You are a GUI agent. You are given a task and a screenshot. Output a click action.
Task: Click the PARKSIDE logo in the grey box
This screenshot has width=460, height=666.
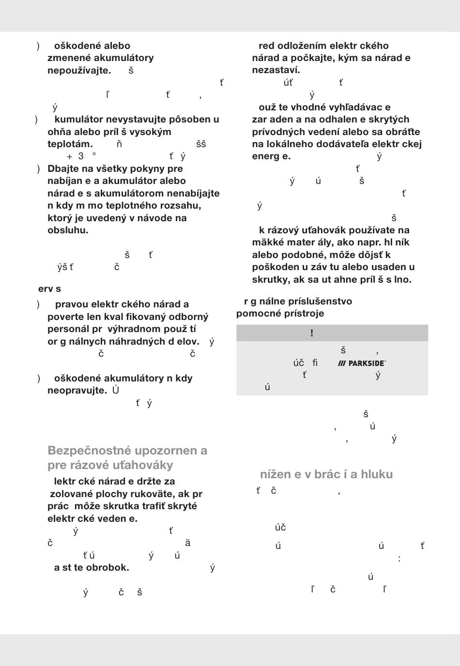tap(362, 363)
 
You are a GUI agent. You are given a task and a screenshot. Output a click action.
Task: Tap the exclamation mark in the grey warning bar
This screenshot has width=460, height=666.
tap(312, 333)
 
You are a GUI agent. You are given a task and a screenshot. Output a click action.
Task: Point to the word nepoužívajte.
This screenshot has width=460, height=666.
tap(79, 70)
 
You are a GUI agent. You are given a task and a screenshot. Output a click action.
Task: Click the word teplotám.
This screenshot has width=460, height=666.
tap(70, 144)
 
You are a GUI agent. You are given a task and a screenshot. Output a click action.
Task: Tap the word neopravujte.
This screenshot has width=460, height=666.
tap(77, 390)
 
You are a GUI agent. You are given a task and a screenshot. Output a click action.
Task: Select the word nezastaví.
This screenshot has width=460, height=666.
tap(276, 70)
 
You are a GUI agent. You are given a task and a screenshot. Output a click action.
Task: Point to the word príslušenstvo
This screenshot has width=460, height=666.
tap(320, 301)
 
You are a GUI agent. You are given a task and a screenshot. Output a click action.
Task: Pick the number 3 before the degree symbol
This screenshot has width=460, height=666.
tap(81, 156)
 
